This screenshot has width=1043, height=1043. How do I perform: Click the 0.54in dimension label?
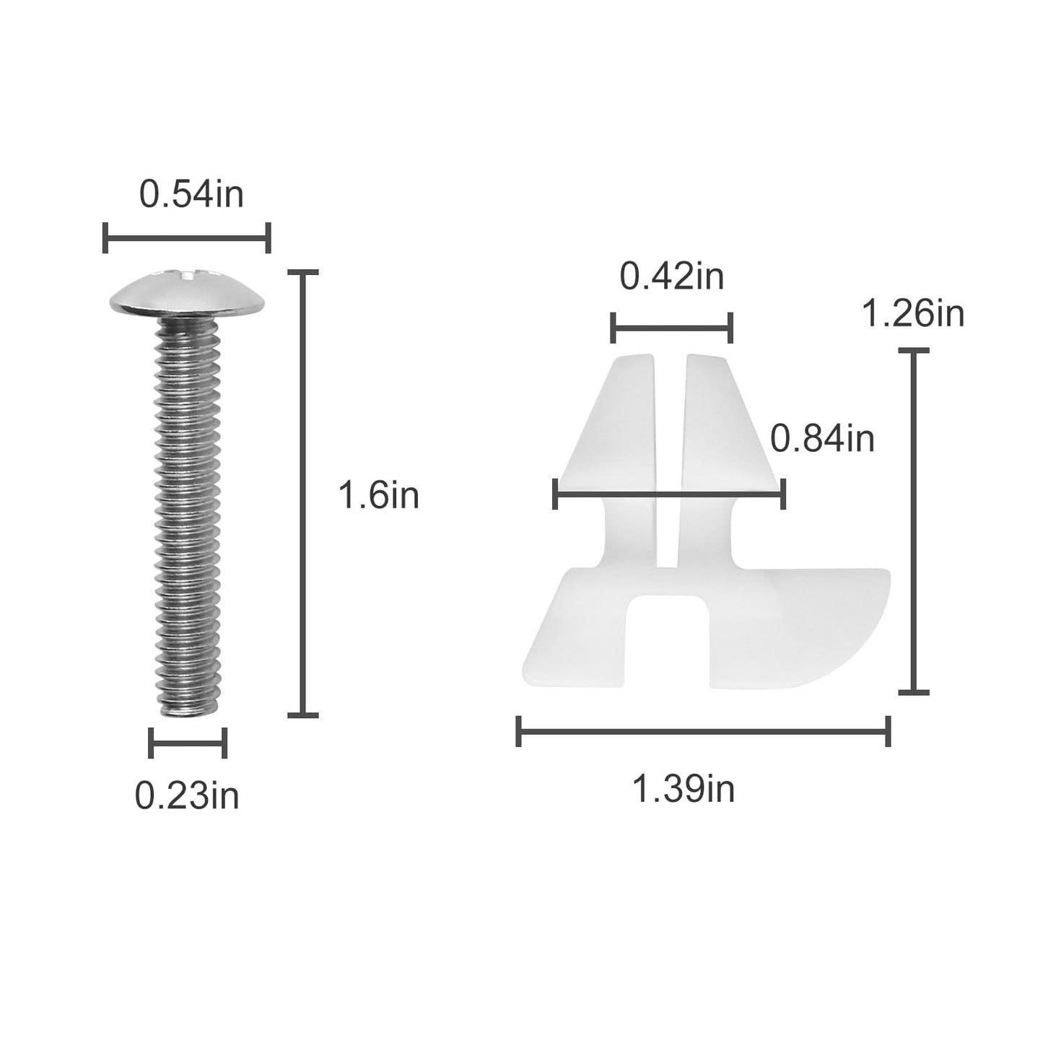[191, 195]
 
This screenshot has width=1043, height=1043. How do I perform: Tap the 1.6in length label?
[378, 496]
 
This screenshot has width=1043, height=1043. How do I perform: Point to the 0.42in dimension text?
[671, 277]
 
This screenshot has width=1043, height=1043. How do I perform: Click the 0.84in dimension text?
[822, 438]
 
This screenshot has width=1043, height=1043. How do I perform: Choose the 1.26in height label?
[913, 314]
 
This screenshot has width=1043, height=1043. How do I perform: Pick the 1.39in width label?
[683, 788]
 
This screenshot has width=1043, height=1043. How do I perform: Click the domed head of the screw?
[187, 296]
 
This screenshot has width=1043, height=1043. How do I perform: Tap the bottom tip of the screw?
[187, 710]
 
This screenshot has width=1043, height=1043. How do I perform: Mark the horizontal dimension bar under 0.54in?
[187, 237]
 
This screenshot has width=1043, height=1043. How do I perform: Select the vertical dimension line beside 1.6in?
[302, 494]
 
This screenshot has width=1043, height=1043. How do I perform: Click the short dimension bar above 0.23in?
[188, 743]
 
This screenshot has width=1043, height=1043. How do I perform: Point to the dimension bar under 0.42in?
[671, 328]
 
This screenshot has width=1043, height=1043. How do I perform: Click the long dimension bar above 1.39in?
[703, 732]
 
